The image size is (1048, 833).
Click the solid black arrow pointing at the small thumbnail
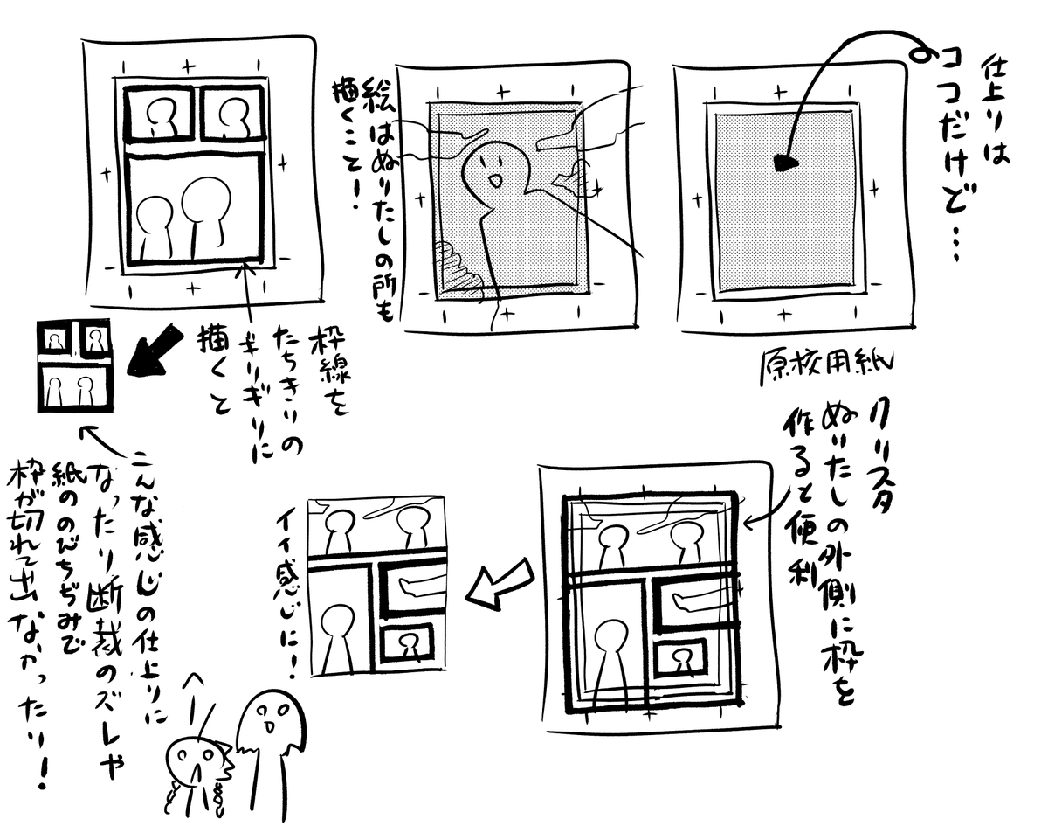155,353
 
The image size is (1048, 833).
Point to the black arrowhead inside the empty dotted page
785,163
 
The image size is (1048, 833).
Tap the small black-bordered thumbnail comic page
74,365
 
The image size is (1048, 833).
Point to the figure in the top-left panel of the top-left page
160,115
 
